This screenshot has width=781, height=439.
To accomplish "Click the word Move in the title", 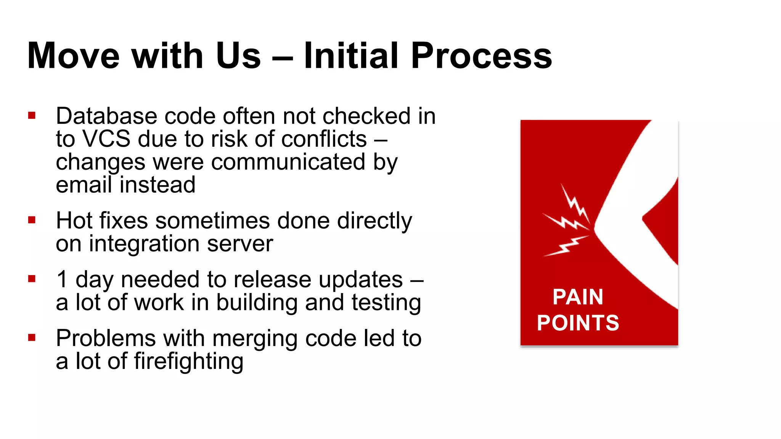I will [74, 56].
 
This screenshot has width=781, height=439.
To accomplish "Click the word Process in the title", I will [481, 56].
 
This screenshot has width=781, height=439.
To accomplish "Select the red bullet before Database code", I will [32, 115].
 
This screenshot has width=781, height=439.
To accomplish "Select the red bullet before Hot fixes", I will [32, 220].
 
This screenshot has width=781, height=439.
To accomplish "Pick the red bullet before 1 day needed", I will [32, 279].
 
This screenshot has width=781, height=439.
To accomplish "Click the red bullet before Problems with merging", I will [32, 337].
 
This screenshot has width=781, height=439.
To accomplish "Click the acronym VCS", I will [106, 139].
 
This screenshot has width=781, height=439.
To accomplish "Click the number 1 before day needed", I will [62, 279].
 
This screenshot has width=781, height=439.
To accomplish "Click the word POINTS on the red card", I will [578, 323].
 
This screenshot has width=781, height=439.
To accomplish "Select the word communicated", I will [288, 162].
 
